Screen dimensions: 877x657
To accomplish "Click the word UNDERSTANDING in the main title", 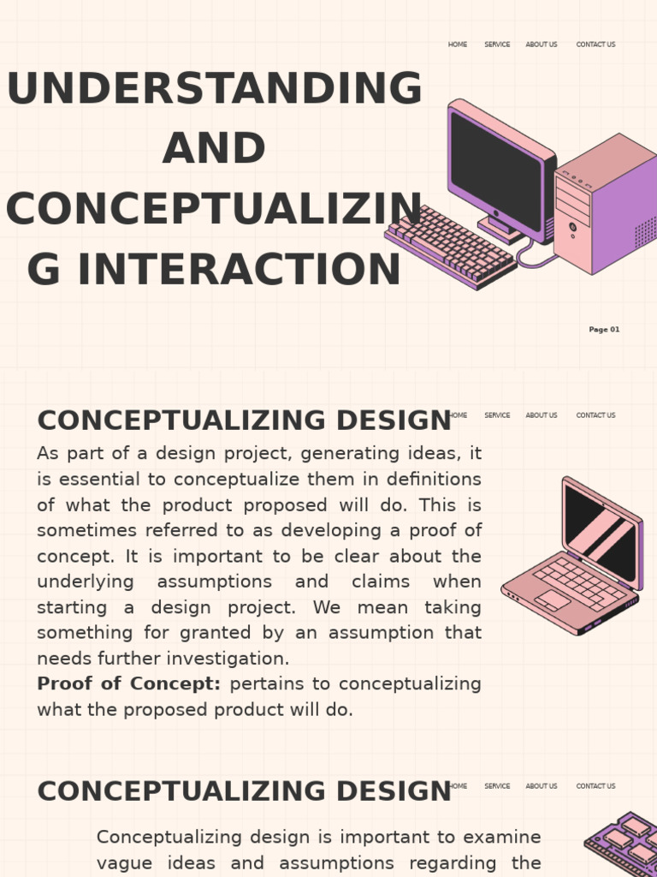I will coord(214,89).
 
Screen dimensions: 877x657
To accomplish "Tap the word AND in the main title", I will coord(214,149).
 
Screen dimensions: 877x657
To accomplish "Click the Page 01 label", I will coord(604,330).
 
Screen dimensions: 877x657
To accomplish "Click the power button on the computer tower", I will coord(572,227).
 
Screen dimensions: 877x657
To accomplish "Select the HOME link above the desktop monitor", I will coord(458,45).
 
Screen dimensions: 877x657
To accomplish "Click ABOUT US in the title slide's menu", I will coord(542,45).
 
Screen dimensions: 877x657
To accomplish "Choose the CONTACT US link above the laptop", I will coord(595,415).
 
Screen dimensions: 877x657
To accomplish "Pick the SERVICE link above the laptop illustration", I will coord(497,415).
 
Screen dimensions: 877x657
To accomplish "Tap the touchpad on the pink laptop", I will coord(553,600).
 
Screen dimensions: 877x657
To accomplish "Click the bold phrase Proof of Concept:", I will coord(129,684).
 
